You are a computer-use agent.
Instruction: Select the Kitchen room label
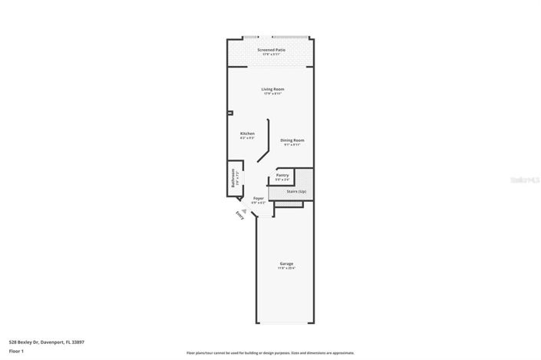click(x=247, y=134)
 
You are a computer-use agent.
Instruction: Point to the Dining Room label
click(x=292, y=140)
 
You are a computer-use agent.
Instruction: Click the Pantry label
click(x=282, y=175)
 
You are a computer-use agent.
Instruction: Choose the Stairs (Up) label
click(x=296, y=191)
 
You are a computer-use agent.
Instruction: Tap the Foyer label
click(x=259, y=198)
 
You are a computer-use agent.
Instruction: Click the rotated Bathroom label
click(x=233, y=179)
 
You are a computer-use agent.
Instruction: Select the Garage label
click(x=286, y=264)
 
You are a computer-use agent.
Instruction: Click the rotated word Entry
click(x=240, y=217)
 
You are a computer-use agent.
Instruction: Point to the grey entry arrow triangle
click(x=245, y=210)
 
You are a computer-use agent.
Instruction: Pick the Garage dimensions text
click(x=286, y=269)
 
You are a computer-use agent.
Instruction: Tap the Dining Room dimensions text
click(x=292, y=144)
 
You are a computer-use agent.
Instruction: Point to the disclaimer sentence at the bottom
click(x=270, y=353)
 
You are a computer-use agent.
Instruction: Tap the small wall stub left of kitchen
click(x=229, y=114)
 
